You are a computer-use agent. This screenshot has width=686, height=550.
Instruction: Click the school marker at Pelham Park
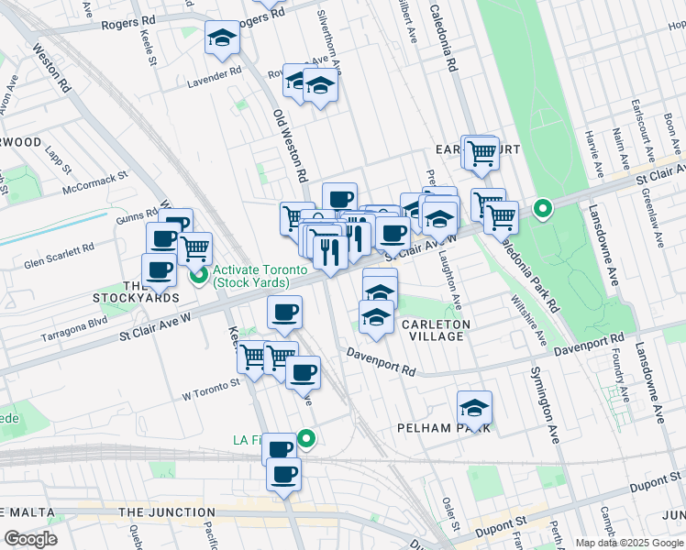tap(474, 408)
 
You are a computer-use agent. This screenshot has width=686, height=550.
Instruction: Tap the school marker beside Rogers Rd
tap(221, 38)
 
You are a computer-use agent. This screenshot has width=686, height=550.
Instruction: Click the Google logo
tap(30, 539)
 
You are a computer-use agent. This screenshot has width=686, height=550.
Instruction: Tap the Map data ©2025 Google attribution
tap(629, 543)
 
